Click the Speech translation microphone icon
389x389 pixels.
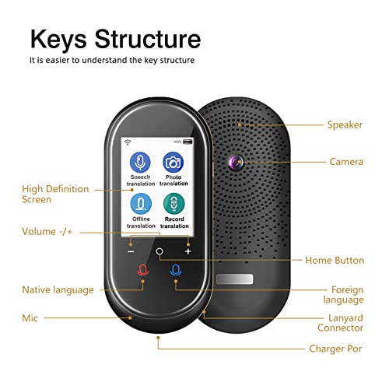[x=140, y=162]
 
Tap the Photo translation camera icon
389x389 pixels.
[x=173, y=163]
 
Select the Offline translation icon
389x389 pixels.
[x=141, y=204]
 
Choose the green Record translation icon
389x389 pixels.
[x=174, y=204]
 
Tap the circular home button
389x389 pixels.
[x=159, y=251]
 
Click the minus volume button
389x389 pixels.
[x=131, y=251]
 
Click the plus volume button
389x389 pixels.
[x=188, y=251]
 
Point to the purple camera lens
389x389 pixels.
[x=236, y=163]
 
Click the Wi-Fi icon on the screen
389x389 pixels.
[x=128, y=142]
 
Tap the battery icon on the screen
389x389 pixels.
[x=187, y=142]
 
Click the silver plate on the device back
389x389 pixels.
[x=234, y=279]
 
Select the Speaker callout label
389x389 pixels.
[x=345, y=125]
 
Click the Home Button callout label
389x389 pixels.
[x=335, y=260]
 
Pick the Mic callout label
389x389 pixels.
[x=30, y=318]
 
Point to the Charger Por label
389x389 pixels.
[x=335, y=349]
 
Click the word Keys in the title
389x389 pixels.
[x=58, y=39]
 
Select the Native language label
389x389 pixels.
[x=58, y=290]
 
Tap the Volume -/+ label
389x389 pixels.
[x=47, y=231]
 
